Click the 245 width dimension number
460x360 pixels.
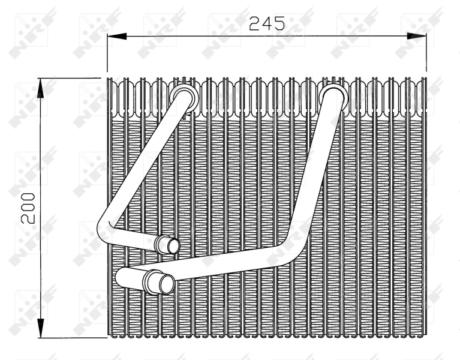click(267, 23)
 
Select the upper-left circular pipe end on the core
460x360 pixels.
click(184, 98)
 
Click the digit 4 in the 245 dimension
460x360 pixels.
click(267, 23)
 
